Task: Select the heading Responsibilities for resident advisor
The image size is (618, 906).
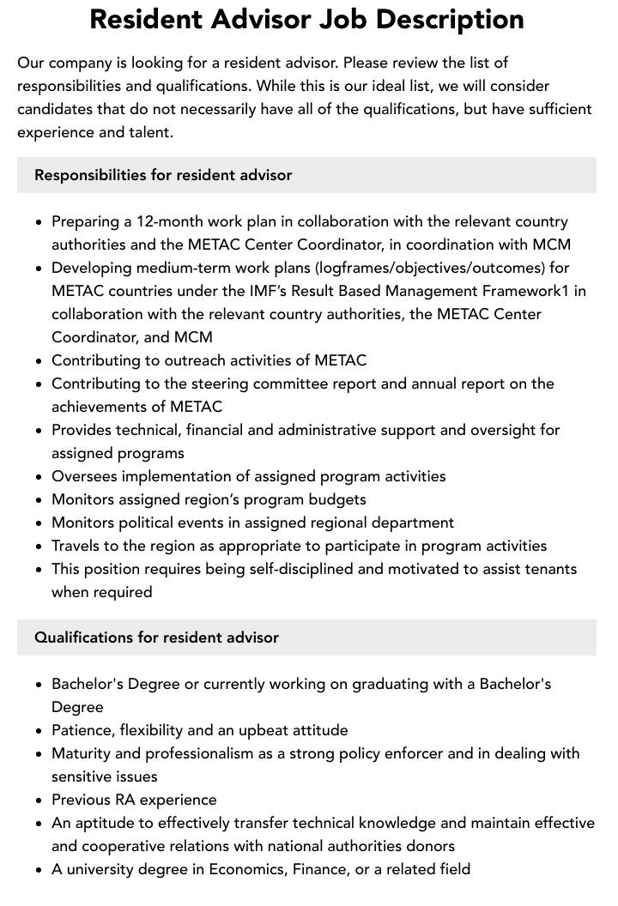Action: pos(163,175)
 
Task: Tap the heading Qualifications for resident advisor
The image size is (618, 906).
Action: pos(156,637)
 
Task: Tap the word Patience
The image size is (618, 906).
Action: pos(82,730)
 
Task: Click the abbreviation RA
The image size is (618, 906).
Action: pos(124,800)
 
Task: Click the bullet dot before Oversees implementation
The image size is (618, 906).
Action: pos(39,477)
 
